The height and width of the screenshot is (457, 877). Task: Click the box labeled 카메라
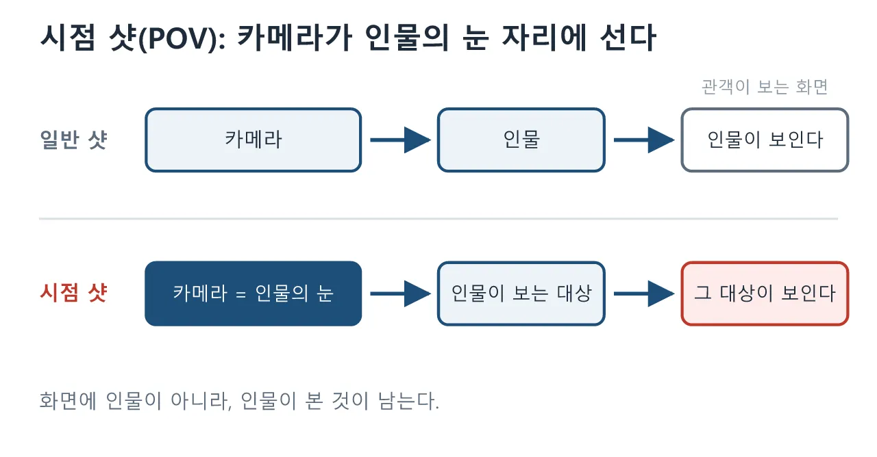[x=254, y=140]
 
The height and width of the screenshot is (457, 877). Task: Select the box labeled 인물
[x=521, y=140]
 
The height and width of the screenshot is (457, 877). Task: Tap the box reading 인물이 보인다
[x=765, y=140]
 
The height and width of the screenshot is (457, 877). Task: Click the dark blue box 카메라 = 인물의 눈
[x=254, y=293]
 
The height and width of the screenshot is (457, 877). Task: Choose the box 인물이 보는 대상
[x=521, y=293]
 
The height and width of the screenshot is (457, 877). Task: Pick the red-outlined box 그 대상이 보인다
[x=765, y=293]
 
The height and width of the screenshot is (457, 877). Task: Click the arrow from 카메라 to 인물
[x=401, y=140]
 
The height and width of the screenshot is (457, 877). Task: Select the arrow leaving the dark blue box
[x=401, y=293]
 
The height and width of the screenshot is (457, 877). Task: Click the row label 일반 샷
[x=73, y=140]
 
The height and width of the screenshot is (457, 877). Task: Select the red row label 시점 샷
[x=73, y=293]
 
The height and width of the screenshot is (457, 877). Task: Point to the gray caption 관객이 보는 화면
[x=765, y=87]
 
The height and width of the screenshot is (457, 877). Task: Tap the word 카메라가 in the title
[x=295, y=38]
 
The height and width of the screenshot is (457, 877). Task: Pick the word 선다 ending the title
[x=628, y=38]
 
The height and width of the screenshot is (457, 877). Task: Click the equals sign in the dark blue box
[x=241, y=294]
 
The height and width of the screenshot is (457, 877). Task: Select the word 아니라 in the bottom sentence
[x=201, y=401]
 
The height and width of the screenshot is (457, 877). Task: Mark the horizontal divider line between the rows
[x=438, y=219]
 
